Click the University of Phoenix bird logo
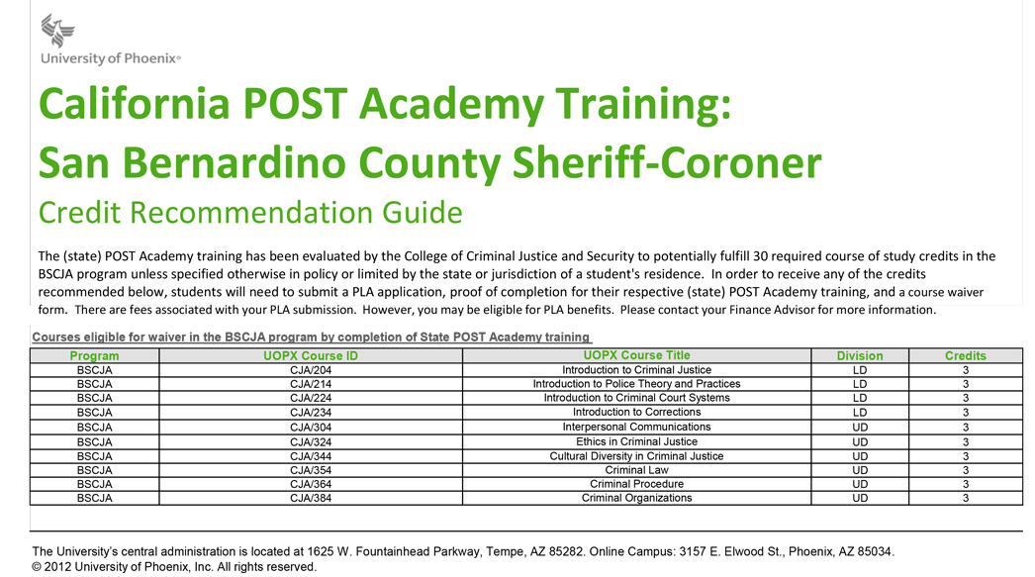(x=57, y=31)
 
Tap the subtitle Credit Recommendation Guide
(x=250, y=212)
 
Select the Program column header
(x=94, y=355)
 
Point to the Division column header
(x=859, y=355)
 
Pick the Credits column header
(x=965, y=355)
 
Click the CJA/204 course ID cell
(x=311, y=370)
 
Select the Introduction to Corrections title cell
(x=636, y=412)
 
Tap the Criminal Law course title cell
(x=636, y=470)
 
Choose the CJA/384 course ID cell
(x=311, y=498)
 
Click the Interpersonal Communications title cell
(x=636, y=427)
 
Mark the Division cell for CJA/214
(x=859, y=384)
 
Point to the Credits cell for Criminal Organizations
(x=965, y=498)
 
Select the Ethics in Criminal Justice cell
(x=636, y=441)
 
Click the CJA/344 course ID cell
(x=311, y=456)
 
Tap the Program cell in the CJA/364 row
(x=94, y=484)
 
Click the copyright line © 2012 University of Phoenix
(x=174, y=567)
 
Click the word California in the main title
(x=134, y=104)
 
